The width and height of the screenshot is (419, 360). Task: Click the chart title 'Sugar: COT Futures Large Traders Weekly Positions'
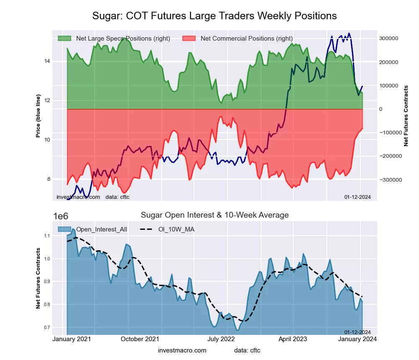point(214,16)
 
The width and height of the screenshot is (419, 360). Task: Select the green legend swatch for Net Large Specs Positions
point(64,39)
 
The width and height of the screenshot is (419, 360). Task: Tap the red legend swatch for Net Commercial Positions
point(189,39)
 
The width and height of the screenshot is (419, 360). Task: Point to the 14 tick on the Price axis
point(47,61)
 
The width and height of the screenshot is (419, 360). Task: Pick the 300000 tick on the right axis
point(388,39)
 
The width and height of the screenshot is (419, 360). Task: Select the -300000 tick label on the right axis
point(388,180)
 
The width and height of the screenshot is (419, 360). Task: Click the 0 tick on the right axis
point(381,109)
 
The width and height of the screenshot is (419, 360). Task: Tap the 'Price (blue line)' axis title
point(38,116)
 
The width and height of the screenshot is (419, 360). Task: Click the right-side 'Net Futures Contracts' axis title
point(406,116)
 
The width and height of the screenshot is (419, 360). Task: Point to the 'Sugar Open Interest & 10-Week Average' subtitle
point(215,215)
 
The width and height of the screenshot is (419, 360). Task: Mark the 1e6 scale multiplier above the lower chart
point(61,216)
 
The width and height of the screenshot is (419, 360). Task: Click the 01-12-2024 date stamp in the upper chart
point(357,197)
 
